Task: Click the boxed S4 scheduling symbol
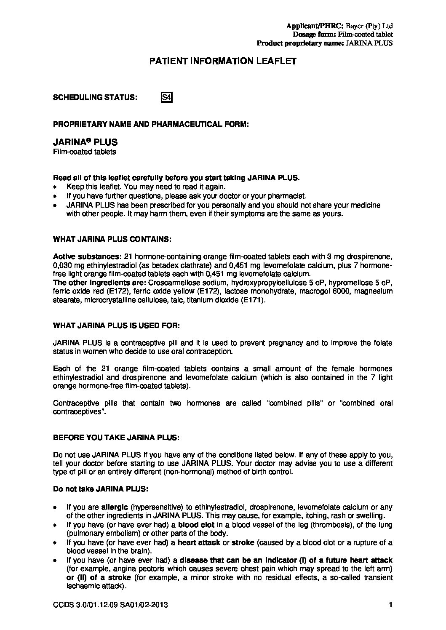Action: pos(167,97)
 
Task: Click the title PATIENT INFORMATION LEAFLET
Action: pos(223,61)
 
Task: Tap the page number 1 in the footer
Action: pos(391,605)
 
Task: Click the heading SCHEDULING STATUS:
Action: pos(95,97)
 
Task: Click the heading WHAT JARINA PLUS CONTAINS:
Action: pos(112,239)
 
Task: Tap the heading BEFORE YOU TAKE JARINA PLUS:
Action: pos(116,437)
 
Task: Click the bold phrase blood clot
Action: pos(196,525)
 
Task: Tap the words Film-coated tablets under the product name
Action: pos(84,152)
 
